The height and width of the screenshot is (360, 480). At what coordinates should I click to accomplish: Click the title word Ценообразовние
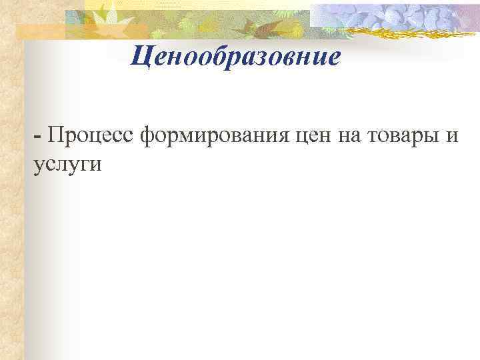click(x=235, y=57)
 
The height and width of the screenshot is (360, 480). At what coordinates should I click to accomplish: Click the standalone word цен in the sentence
click(x=315, y=137)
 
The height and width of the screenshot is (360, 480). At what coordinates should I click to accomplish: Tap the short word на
click(x=357, y=137)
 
